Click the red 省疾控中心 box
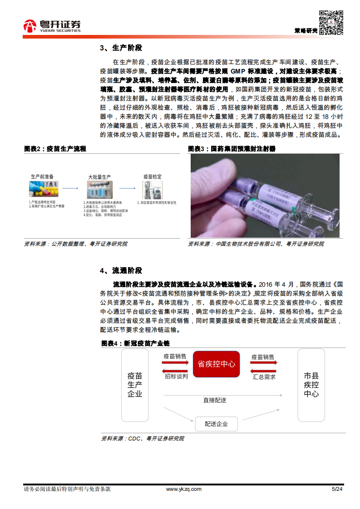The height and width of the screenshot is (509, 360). click(217, 364)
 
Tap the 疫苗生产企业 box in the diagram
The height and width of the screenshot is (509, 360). click(135, 385)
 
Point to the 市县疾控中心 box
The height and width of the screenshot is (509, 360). click(311, 385)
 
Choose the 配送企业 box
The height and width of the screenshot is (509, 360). click(216, 424)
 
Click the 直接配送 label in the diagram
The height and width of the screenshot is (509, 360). click(215, 400)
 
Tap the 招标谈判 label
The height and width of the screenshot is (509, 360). click(176, 377)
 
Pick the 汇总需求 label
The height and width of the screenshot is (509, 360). click(263, 377)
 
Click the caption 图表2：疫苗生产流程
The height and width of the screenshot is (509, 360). click(55, 149)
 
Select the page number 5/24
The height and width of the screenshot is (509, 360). click(337, 489)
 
